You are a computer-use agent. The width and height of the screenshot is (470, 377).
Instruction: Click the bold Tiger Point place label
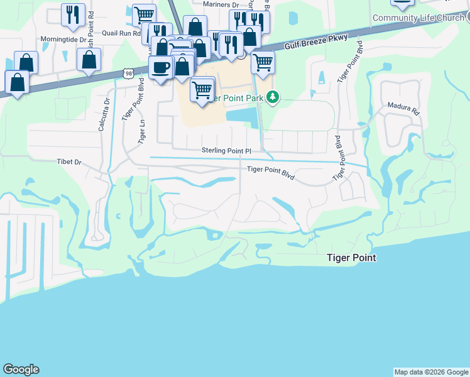click(x=351, y=258)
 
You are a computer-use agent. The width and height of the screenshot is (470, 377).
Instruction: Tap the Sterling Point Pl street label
click(x=226, y=151)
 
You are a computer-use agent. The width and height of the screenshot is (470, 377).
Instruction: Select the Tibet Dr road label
click(x=69, y=162)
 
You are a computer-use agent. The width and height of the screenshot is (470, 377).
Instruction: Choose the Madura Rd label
click(x=403, y=108)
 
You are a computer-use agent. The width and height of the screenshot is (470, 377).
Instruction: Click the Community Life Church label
click(x=418, y=18)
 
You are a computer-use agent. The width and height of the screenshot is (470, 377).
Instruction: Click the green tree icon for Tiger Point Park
click(x=273, y=97)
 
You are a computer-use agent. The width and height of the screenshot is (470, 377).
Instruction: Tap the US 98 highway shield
click(x=128, y=74)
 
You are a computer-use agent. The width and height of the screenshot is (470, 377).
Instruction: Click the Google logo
click(x=21, y=369)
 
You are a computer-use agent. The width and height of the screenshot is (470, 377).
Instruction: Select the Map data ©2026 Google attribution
click(x=431, y=372)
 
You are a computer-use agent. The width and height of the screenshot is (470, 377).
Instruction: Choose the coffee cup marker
click(x=161, y=67)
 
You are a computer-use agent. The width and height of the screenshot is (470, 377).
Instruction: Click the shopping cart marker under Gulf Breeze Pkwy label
click(x=263, y=62)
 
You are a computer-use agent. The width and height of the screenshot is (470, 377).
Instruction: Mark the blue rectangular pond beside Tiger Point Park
click(x=241, y=116)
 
